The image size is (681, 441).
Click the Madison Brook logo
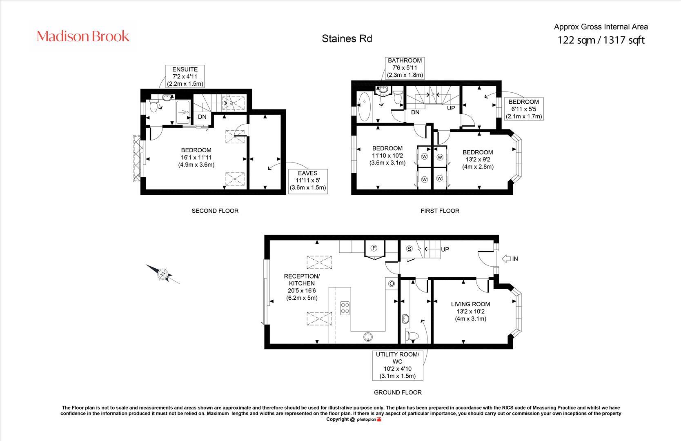(83, 36)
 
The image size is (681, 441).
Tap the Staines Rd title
(347, 39)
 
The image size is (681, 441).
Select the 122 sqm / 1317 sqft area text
(601, 40)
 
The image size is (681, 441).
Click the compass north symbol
(163, 274)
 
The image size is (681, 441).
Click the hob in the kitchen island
(345, 307)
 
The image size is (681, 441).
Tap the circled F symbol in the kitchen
(374, 248)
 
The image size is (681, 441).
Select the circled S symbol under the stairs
(409, 249)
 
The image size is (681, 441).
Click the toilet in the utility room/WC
(412, 336)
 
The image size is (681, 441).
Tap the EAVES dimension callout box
(308, 180)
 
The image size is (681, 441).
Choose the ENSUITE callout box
(185, 76)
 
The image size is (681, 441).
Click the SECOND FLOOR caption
(215, 211)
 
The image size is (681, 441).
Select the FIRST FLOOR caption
(440, 211)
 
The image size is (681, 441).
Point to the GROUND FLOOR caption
(398, 392)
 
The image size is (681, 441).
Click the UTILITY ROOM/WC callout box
(398, 365)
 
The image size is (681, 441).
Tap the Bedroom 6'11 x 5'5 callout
(524, 109)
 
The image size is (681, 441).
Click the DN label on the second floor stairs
(202, 117)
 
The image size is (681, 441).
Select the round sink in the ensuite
(167, 97)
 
